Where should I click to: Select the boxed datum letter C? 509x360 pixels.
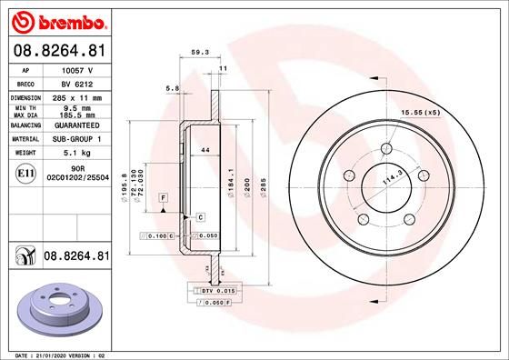point(199,216)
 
